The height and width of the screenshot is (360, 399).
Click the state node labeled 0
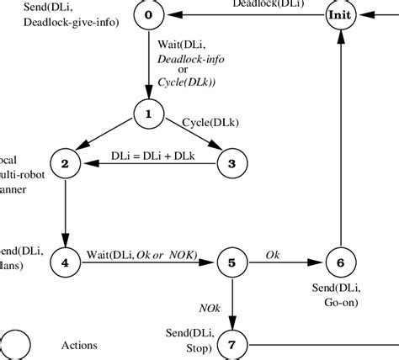(x=148, y=15)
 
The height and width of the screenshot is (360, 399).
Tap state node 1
(x=148, y=114)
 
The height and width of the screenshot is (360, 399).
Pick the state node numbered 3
(x=232, y=162)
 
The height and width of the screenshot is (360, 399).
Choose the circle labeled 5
(x=232, y=262)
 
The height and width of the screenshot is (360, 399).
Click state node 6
(x=339, y=262)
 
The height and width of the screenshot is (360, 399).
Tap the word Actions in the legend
(x=80, y=345)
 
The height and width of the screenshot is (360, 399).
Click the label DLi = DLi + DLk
(x=150, y=156)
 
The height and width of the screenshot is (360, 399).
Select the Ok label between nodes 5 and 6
(x=273, y=254)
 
